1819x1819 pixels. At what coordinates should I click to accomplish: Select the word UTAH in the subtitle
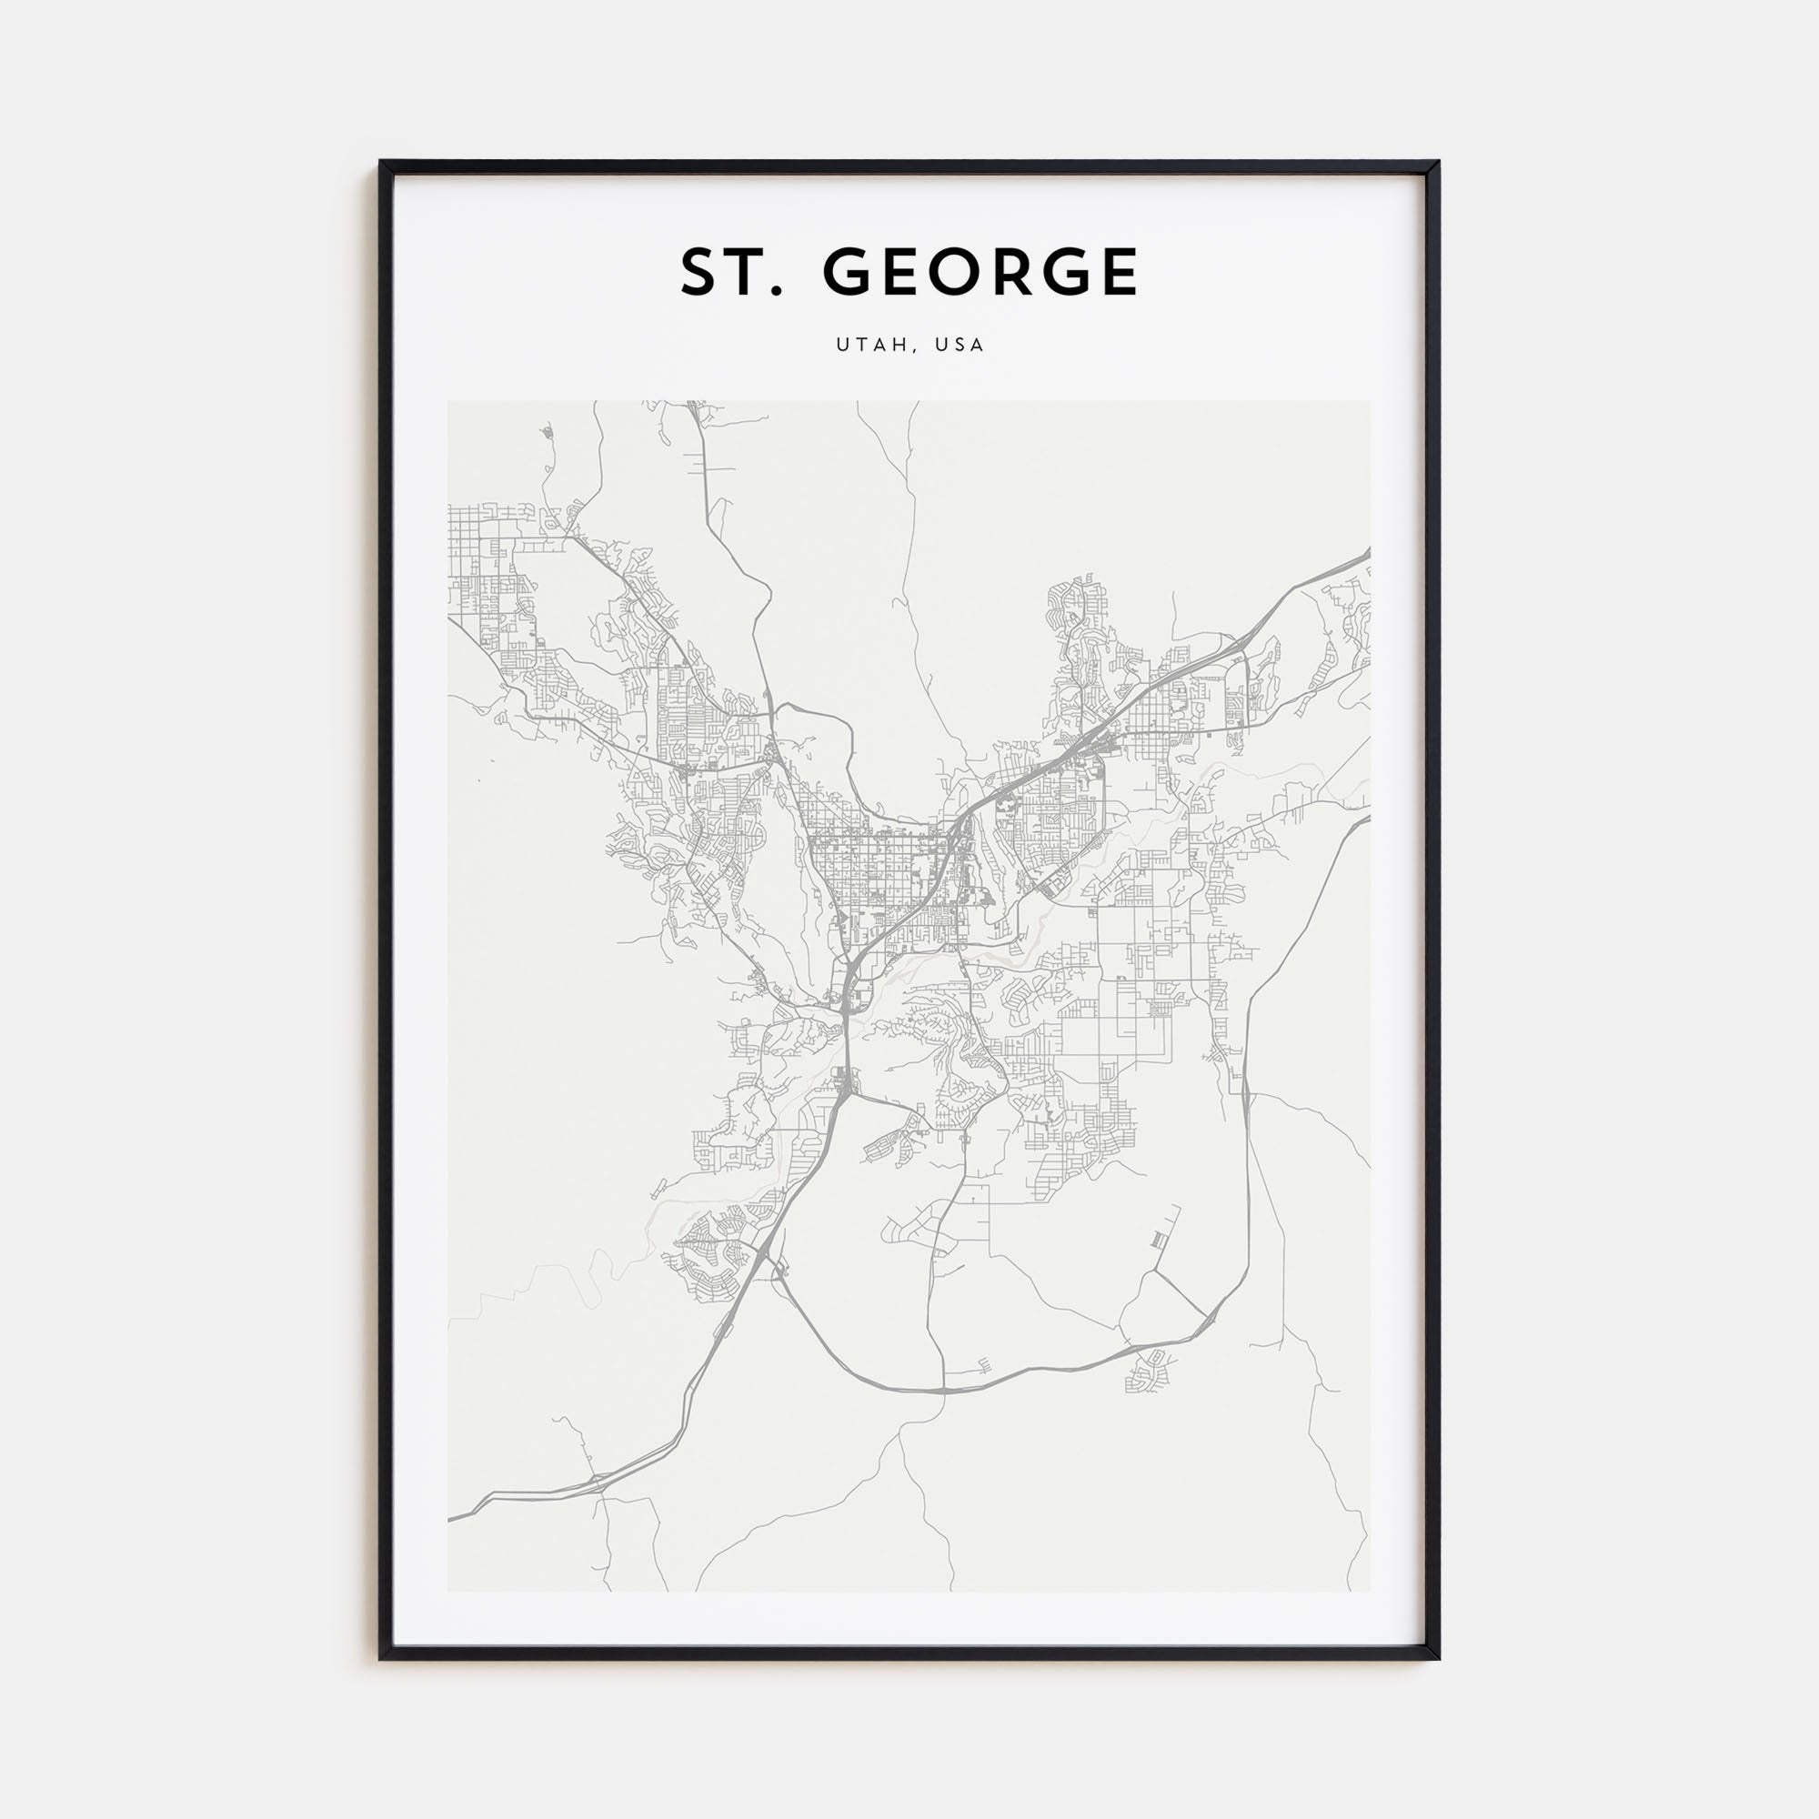pos(872,345)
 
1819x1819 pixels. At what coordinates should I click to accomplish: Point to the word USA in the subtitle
pos(960,345)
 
